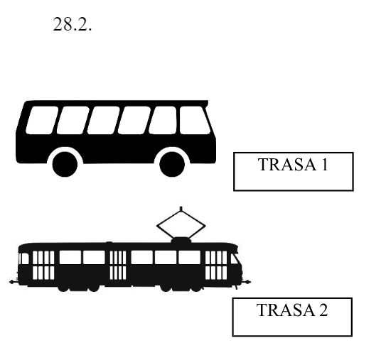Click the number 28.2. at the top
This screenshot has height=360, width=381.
coord(73,24)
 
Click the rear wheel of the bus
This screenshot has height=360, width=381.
coord(65,164)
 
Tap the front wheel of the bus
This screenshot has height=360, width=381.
coord(172,164)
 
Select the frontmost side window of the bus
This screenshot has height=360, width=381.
coord(195,120)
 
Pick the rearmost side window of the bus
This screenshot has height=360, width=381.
coord(42,120)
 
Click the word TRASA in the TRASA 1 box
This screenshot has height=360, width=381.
coord(287,165)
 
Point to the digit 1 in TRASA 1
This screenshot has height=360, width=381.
coord(325,165)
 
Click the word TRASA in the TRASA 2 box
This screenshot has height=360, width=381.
coord(286,310)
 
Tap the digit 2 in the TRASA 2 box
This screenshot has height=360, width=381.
coord(323,310)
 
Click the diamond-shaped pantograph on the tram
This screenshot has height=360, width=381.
coord(181,225)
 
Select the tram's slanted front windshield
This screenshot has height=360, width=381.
coord(235,258)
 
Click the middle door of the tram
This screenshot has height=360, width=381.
coord(118,265)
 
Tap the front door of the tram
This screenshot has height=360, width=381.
coord(216,265)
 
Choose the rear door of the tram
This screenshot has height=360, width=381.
coord(43,265)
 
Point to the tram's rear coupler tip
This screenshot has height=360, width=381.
coord(11,282)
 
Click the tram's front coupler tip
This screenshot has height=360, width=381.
coord(248,282)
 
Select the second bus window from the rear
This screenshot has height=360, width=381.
coord(73,120)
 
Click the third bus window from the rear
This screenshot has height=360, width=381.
coord(104,120)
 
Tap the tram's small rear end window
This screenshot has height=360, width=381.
coord(24,258)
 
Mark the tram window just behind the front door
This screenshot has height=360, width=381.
coord(190,257)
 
